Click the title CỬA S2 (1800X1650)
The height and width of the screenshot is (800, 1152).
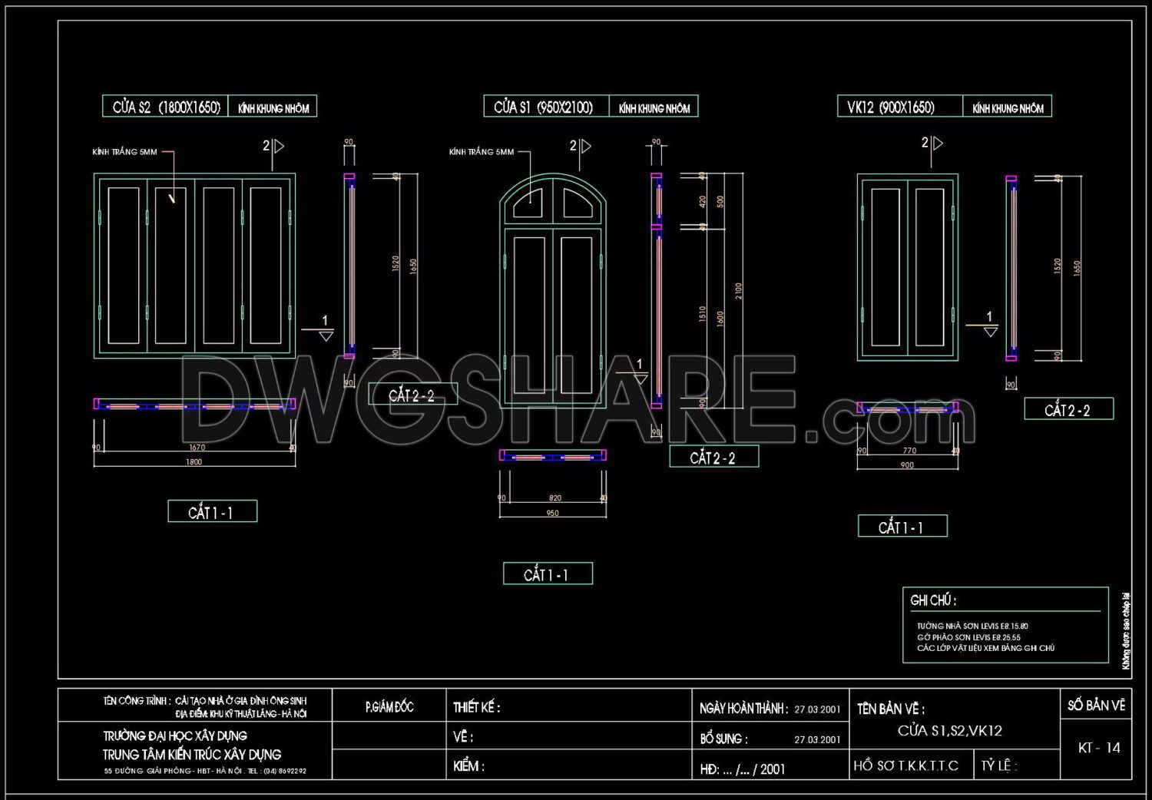(x=166, y=107)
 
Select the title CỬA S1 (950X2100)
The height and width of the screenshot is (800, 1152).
(x=544, y=107)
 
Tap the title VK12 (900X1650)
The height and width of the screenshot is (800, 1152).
(x=891, y=107)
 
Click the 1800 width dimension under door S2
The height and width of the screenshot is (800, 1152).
(x=194, y=461)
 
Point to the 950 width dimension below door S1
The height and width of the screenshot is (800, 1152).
(x=552, y=513)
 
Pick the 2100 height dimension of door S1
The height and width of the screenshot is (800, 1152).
(x=738, y=291)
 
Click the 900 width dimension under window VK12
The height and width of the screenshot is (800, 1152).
(x=907, y=465)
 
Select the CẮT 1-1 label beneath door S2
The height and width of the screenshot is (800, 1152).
(x=211, y=512)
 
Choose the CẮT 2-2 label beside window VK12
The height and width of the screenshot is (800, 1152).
(x=1068, y=410)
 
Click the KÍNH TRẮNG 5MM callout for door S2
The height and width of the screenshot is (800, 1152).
(x=124, y=152)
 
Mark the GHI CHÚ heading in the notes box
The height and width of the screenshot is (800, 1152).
(x=933, y=600)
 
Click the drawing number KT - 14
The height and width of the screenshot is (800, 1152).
(x=1099, y=748)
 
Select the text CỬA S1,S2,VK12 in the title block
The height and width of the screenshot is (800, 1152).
(x=949, y=731)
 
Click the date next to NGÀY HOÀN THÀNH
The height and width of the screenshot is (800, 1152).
(x=817, y=709)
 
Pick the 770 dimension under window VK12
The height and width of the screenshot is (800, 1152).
(x=909, y=451)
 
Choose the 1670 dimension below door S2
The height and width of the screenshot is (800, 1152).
(x=197, y=448)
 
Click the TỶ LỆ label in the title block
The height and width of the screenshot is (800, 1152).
(x=998, y=766)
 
